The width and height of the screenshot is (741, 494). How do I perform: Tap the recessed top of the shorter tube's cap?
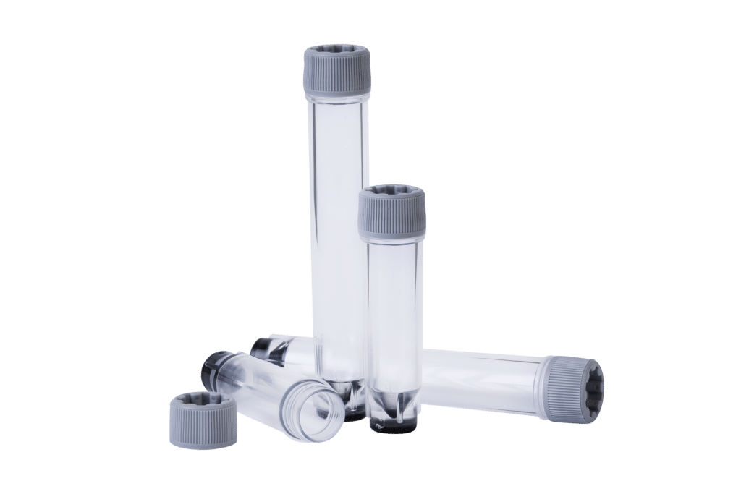(391, 191)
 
